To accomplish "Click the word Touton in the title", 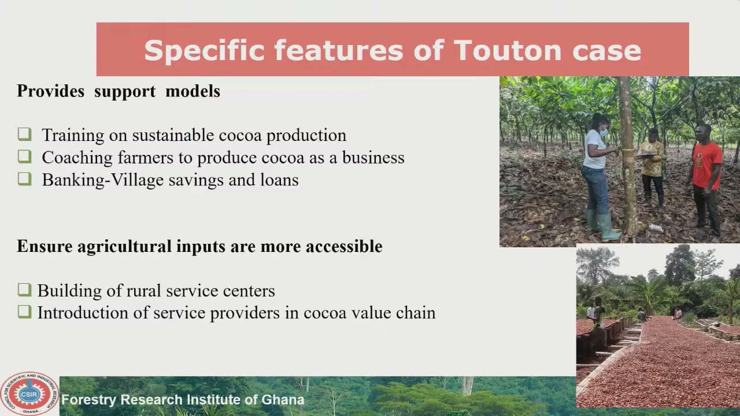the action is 508,50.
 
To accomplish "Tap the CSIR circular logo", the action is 29,394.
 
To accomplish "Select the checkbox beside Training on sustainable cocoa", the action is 25,135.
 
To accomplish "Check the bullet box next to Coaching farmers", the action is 25,157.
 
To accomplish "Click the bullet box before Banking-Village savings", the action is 25,179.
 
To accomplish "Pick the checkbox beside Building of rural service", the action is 25,290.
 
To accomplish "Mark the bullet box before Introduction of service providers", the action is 25,312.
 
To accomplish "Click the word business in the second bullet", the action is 373,157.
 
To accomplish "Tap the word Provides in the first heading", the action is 51,91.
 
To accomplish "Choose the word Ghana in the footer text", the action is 283,399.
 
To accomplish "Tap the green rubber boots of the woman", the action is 603,225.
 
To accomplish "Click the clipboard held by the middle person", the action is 647,154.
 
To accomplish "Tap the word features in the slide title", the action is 339,50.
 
